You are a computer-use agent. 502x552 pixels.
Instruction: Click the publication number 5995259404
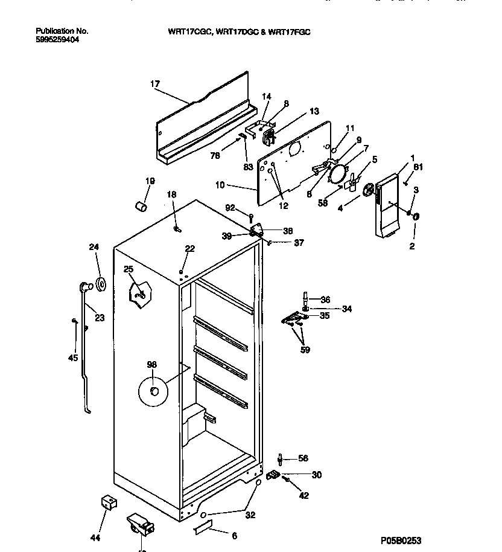tap(57, 39)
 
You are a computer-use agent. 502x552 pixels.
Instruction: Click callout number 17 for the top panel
tap(155, 84)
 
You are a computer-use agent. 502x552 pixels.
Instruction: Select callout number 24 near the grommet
tap(94, 247)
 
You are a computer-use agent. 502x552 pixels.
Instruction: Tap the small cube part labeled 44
tap(108, 503)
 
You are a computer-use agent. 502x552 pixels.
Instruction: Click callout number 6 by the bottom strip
tap(234, 536)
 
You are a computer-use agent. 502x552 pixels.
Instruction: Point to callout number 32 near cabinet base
tap(250, 515)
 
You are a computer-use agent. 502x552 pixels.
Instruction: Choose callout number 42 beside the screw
tap(303, 496)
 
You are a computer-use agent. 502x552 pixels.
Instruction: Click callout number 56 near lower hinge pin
tap(303, 458)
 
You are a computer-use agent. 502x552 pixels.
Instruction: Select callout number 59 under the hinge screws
tap(305, 350)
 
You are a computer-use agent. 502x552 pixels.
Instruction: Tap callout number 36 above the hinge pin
tap(325, 299)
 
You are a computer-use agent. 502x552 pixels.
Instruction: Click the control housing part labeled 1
tap(385, 205)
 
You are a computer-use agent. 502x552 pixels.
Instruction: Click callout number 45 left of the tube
tap(73, 358)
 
